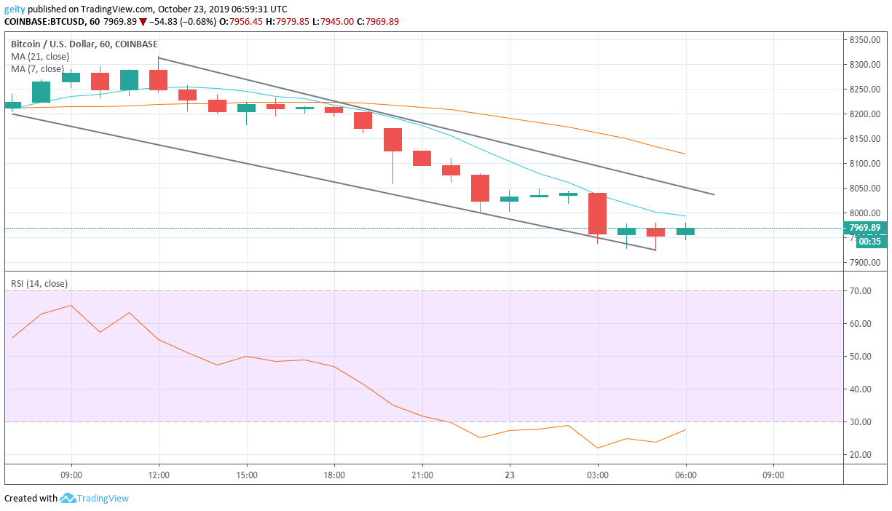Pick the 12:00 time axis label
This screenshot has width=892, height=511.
pos(159,475)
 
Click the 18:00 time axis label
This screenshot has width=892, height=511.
pos(334,475)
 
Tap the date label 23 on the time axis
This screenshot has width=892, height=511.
pos(510,475)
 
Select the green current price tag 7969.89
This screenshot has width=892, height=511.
pos(864,228)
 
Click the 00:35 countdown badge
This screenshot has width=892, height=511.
pos(869,242)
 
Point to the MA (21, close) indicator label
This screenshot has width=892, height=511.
pos(41,56)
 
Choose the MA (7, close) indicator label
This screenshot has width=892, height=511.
pos(38,68)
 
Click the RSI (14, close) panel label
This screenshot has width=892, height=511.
pos(39,284)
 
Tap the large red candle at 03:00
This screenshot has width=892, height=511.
pos(598,213)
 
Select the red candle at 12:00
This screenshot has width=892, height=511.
pos(159,80)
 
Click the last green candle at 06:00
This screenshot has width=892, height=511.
pos(685,231)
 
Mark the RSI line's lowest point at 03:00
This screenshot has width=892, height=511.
pos(598,448)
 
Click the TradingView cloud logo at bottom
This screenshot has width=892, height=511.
pos(68,499)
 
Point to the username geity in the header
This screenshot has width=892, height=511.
pos(15,9)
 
